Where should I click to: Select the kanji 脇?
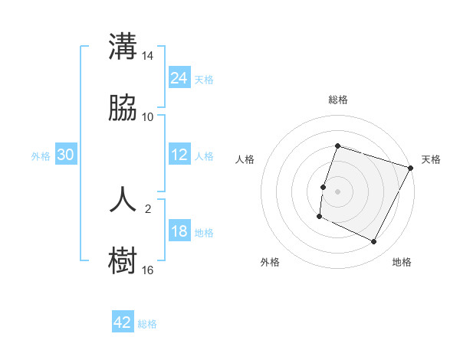pos(123,109)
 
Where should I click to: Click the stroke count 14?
pos(148,56)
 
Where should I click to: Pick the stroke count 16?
pos(148,270)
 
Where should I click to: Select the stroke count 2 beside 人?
pos(148,208)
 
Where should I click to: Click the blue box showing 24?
pos(179,78)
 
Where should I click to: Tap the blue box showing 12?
pos(179,155)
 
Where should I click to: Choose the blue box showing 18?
pos(179,231)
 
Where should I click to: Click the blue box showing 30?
pos(66,155)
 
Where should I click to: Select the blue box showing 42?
pos(123,322)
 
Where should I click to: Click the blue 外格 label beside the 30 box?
pos(41,155)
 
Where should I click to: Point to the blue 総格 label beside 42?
pos(147,323)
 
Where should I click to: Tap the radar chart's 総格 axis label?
pos(338,100)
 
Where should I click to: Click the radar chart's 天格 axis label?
pos(431,159)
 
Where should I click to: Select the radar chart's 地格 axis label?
pos(402,262)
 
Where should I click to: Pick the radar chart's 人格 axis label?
pos(245,159)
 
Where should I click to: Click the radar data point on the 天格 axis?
pos(411,168)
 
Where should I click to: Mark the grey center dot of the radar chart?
pos(337,191)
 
